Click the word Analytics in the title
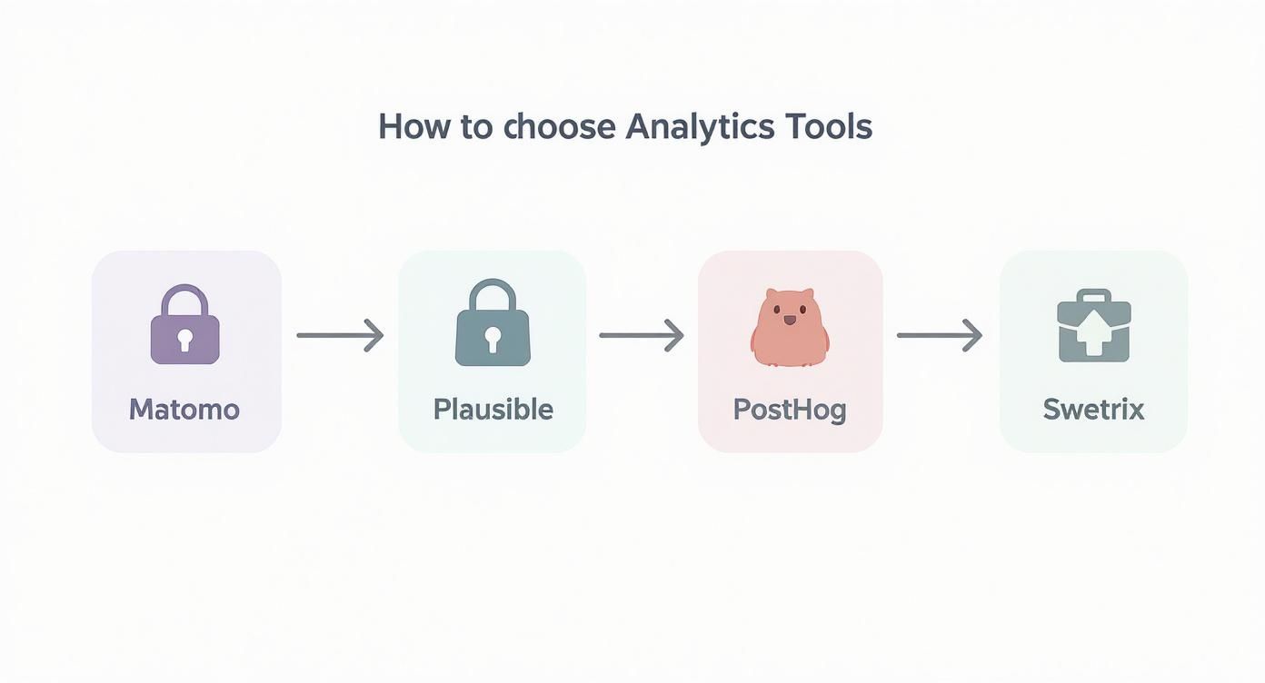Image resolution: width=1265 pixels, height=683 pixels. coord(700,127)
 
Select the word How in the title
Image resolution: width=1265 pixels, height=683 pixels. coord(414,126)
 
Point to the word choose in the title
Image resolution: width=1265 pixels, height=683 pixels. coord(559,126)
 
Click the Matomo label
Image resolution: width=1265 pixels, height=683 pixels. coord(184,410)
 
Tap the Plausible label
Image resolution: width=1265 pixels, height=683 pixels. coord(493,410)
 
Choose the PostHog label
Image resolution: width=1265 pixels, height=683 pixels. coord(790,410)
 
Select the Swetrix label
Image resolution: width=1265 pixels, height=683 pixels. coord(1093,410)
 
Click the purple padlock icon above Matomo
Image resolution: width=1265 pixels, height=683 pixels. coord(185,324)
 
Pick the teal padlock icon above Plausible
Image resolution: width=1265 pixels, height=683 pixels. coord(493,322)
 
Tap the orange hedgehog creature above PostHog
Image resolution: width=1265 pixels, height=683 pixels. coord(790,327)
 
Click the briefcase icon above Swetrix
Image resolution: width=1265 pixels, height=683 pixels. coord(1094,326)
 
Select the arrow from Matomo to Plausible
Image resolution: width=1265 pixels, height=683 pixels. coord(341,335)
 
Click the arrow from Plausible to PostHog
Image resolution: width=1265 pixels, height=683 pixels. coord(642,335)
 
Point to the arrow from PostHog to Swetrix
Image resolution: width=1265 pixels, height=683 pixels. coord(940,335)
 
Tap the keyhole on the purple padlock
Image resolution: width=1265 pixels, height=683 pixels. coord(184,340)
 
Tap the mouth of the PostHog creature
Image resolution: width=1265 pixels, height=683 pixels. coord(790,320)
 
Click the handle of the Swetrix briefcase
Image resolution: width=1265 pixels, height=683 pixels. coord(1094,295)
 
